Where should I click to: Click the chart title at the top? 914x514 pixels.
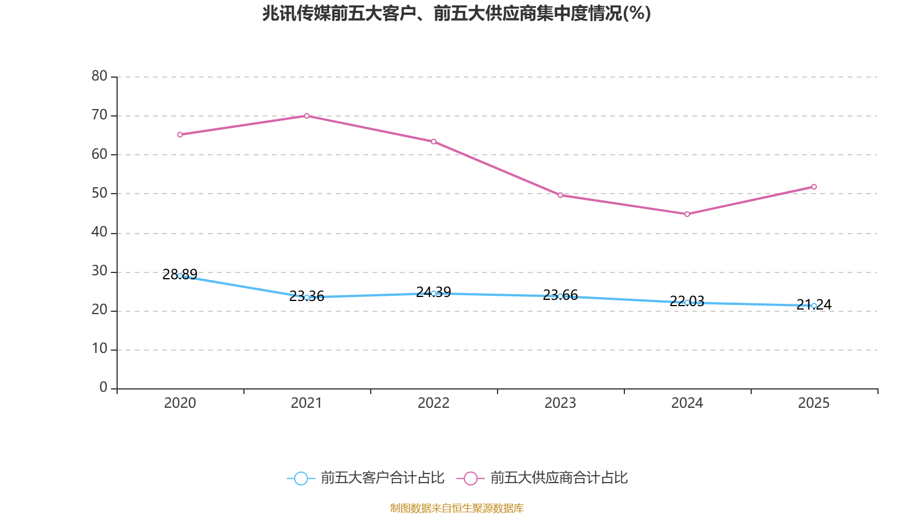point(456,13)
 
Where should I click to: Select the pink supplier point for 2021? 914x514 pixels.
point(307,116)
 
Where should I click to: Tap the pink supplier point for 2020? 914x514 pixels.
point(180,135)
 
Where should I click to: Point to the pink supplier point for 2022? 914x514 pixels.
point(434,142)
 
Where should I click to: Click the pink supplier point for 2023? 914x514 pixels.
point(560,195)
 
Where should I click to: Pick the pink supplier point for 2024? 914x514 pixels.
point(687,214)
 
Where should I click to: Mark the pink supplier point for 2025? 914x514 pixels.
point(814,187)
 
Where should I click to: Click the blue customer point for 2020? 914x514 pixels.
point(180,276)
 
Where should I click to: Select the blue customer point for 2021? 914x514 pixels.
point(307,298)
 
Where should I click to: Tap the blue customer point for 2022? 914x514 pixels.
point(434,294)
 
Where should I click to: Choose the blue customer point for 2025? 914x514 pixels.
point(814,306)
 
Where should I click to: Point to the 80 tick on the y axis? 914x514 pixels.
point(99,76)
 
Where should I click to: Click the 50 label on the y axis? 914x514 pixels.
point(99,193)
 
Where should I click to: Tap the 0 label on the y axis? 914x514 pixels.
point(103,388)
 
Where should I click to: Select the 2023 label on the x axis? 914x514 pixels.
point(560,403)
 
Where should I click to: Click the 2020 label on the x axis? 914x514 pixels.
point(180,403)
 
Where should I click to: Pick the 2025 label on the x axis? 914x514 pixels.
point(814,403)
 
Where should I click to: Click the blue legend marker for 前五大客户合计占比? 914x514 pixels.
point(300,478)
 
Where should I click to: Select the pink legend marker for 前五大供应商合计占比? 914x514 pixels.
point(470,478)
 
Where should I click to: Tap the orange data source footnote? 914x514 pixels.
point(456,508)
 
